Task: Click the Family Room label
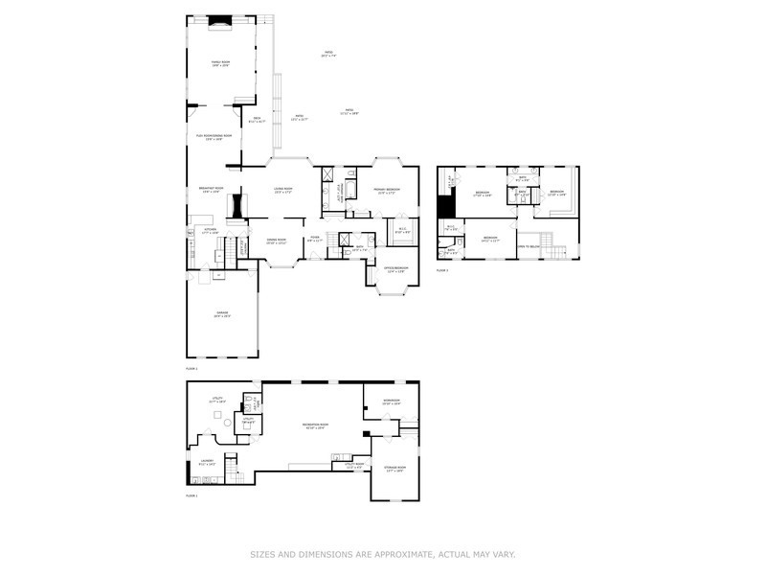tap(220, 63)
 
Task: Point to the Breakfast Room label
tap(211, 190)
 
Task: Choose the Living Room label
tap(283, 190)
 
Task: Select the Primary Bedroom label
tap(387, 190)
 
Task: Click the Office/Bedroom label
tap(395, 268)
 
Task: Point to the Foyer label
tap(314, 239)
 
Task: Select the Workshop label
tap(391, 401)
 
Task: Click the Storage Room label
tap(394, 469)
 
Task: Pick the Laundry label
tap(207, 462)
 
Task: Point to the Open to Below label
tap(529, 244)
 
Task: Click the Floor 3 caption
tap(442, 271)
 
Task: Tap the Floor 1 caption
tap(191, 495)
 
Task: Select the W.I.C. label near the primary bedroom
tap(403, 230)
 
